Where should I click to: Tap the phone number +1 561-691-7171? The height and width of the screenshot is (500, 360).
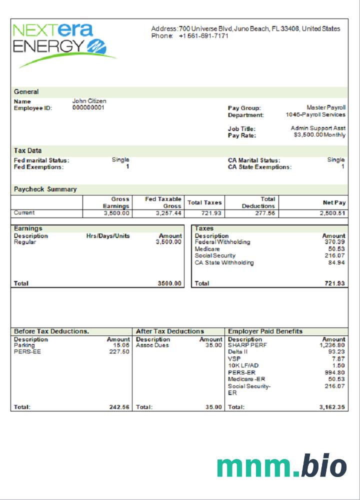point(203,36)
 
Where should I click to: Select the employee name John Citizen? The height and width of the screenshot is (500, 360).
point(89,101)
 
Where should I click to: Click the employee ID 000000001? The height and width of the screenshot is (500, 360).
point(88,107)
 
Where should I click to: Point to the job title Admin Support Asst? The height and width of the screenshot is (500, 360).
point(318,128)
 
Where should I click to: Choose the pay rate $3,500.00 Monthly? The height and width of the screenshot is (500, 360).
point(319,135)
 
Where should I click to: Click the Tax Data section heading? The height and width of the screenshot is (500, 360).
point(27,150)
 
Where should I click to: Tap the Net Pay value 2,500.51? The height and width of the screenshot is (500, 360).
point(332,213)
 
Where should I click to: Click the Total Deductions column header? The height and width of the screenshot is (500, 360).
point(258,202)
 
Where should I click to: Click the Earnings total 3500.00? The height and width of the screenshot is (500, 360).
point(169,283)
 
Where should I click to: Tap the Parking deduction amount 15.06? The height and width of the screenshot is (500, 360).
point(121,345)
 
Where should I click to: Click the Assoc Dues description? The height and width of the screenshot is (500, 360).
point(152,345)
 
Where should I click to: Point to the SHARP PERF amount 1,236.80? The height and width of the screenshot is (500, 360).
point(332,345)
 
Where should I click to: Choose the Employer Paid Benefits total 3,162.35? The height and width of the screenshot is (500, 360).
point(332,407)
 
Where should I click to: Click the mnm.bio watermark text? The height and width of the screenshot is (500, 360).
point(281,466)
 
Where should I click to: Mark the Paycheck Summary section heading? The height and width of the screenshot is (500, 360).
point(45,189)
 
